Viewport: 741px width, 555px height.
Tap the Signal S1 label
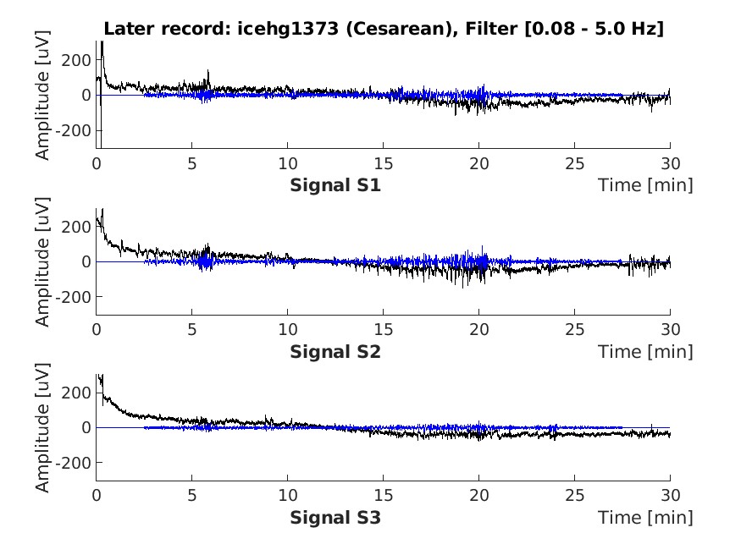335,184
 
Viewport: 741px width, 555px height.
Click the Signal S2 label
335,351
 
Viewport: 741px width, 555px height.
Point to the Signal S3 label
335,517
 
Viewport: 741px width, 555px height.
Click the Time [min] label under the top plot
645,184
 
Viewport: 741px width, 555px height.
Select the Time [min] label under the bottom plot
645,517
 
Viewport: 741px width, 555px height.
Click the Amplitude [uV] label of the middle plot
42,262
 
